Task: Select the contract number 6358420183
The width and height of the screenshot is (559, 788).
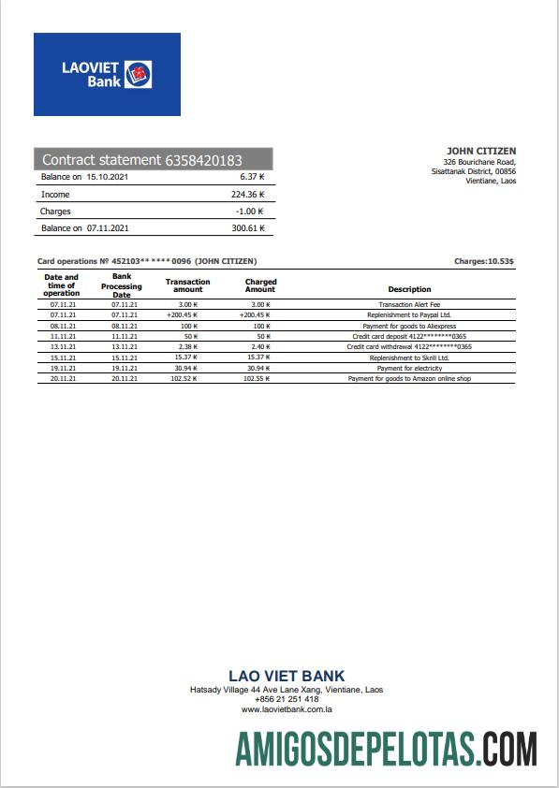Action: pos(203,160)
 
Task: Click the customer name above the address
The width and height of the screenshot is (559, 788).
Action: pos(481,151)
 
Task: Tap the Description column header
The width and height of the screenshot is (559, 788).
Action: pos(409,289)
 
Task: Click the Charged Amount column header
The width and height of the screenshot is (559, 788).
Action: pos(260,285)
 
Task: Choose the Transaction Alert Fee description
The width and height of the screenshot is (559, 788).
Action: pos(409,305)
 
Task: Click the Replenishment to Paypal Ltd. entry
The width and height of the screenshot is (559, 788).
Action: pos(409,315)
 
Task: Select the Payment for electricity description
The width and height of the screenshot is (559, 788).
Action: pos(409,368)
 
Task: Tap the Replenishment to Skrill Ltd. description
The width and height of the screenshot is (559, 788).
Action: pos(409,358)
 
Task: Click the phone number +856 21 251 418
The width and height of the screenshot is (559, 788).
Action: pos(287,699)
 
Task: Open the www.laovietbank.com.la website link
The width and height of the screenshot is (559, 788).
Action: pos(287,709)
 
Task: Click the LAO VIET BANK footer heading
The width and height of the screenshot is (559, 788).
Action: pos(287,676)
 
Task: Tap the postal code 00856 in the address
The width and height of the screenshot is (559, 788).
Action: pos(506,171)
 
